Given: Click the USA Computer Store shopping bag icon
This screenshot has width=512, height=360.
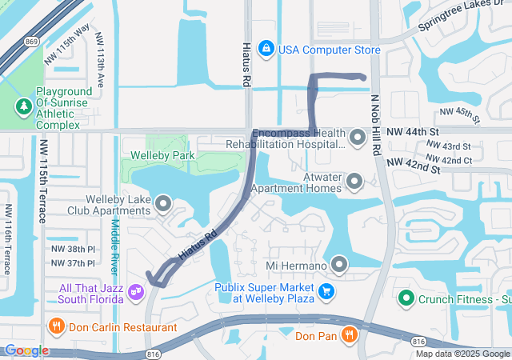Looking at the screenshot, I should pos(266,50).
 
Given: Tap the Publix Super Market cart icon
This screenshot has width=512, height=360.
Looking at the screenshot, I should pos(326,292).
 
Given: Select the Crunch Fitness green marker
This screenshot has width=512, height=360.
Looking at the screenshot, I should pos(406,299).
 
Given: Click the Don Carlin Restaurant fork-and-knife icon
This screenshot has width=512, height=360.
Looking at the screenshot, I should pos(56,327).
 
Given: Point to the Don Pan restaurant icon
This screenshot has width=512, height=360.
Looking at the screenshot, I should pos(349,336).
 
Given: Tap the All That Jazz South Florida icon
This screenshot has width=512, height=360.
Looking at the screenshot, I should pos(135,293).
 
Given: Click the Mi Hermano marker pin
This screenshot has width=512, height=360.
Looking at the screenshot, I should pos(339,265).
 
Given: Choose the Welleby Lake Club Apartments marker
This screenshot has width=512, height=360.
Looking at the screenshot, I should pos(164,204).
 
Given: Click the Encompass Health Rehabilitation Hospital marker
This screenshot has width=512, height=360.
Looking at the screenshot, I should pos(355,138).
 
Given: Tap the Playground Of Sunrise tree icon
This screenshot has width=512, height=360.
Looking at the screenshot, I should pos(25,106).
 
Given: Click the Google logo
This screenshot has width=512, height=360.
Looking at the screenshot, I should pos(26,350).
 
